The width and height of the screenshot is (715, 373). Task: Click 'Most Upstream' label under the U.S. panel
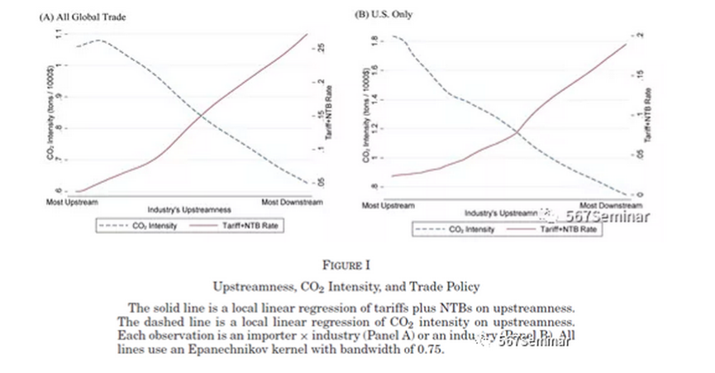(x=388, y=204)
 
